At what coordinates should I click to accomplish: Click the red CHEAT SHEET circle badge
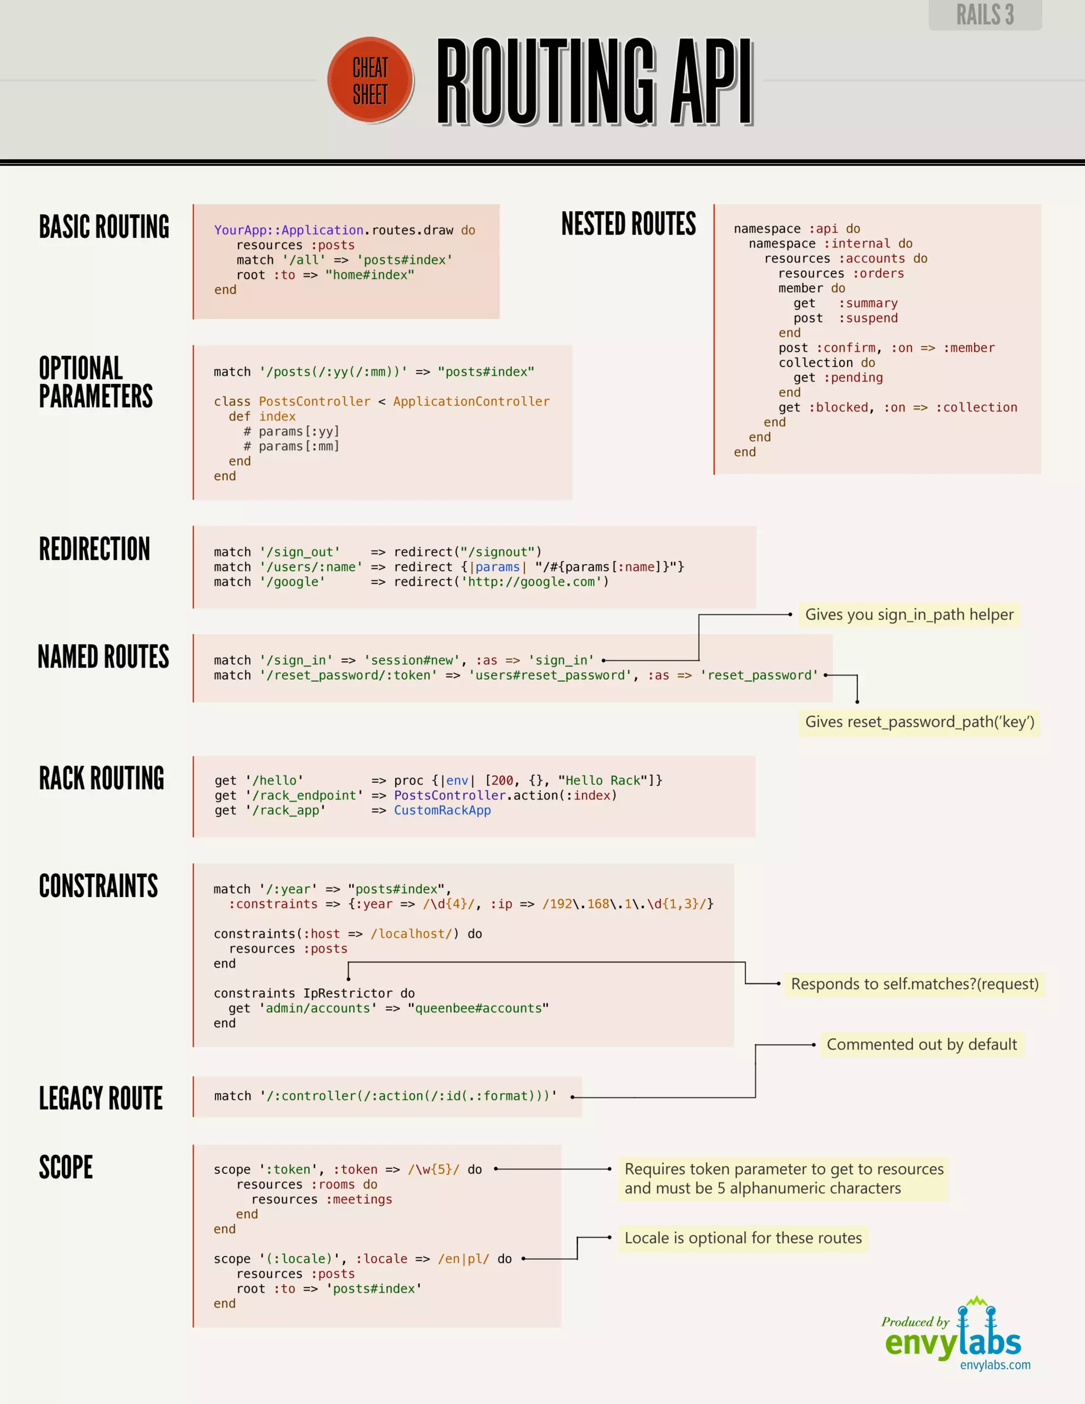(370, 81)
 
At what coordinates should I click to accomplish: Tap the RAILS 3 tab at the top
(985, 14)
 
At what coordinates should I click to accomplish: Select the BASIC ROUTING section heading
(104, 227)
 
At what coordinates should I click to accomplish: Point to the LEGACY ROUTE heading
(101, 1098)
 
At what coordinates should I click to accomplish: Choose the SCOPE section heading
(66, 1167)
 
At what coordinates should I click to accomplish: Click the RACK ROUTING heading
(102, 778)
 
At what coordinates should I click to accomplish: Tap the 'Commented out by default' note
(921, 1045)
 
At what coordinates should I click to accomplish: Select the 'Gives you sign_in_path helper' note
(909, 615)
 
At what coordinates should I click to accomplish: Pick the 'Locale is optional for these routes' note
(743, 1238)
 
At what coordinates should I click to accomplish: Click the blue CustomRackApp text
(442, 810)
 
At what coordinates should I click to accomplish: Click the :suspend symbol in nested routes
(868, 318)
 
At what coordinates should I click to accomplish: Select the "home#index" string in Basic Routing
(370, 275)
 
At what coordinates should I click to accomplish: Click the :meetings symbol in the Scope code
(359, 1199)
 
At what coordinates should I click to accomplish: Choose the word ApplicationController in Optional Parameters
(471, 402)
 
